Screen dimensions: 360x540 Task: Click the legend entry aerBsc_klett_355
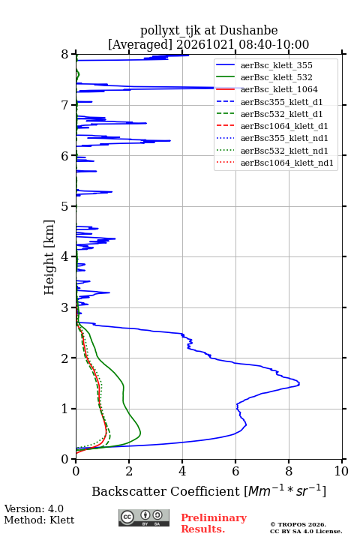click(276, 65)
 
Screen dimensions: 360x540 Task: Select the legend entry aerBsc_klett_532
click(276, 77)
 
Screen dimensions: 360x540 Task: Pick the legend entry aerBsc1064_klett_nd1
click(287, 163)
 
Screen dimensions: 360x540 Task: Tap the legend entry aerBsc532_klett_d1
click(281, 114)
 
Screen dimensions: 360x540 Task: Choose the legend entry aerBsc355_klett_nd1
click(284, 138)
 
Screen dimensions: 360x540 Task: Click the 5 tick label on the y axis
click(64, 206)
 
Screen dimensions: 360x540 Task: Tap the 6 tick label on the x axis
click(235, 471)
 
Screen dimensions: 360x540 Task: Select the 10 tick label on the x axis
click(342, 471)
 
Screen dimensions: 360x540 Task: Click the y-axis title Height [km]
click(49, 257)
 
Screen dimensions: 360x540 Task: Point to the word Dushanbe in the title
click(248, 31)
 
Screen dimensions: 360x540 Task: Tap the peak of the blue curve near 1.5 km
click(299, 383)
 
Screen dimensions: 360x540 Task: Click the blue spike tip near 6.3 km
click(170, 140)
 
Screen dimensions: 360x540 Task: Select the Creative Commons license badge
click(144, 517)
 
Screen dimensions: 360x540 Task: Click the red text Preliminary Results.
click(214, 523)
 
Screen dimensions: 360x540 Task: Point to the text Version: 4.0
click(34, 508)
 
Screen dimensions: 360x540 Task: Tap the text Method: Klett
click(39, 520)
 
